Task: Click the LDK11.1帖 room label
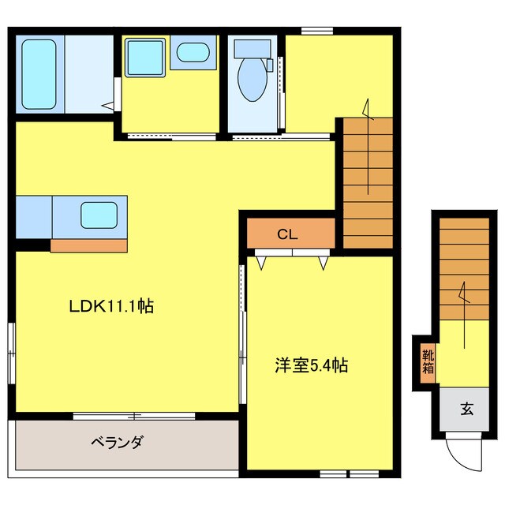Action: (110, 307)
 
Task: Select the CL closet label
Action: (286, 234)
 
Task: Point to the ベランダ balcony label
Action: (116, 442)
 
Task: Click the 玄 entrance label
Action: (467, 410)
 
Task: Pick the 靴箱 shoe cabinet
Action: (427, 361)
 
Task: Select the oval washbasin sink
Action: (192, 54)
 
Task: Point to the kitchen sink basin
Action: (99, 214)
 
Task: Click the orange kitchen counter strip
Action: (88, 245)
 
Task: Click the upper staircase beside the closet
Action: (368, 181)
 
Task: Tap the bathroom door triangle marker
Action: (107, 103)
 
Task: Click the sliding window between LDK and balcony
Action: (134, 415)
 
